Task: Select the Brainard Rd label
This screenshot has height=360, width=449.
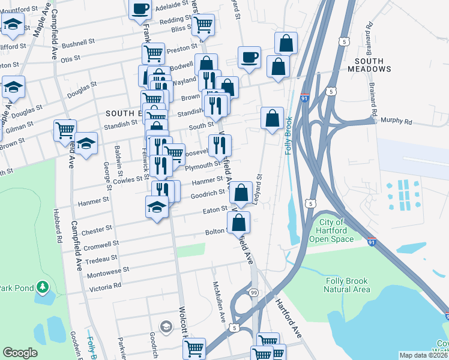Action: coord(373,100)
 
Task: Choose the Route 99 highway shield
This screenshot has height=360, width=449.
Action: coord(255,292)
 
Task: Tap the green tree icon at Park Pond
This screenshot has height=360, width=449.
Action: coord(43,288)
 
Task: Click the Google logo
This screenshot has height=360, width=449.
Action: coord(20,353)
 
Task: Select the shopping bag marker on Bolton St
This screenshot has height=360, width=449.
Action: coord(239,221)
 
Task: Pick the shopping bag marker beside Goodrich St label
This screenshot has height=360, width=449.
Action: coord(241,193)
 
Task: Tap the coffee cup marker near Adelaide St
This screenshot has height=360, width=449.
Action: coord(140,9)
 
